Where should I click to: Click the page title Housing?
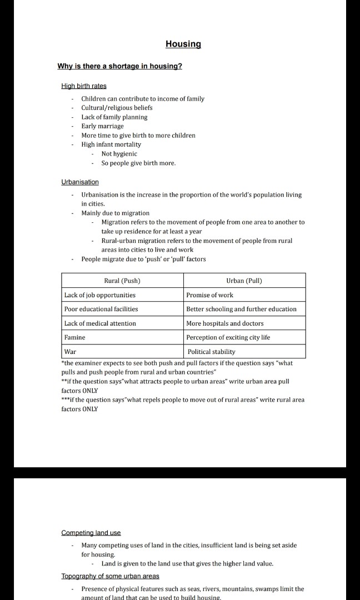click(x=183, y=44)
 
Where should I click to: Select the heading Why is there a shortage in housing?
click(x=119, y=67)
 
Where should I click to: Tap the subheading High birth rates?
click(x=83, y=86)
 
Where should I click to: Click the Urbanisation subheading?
click(x=79, y=182)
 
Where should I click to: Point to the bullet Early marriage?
click(x=102, y=126)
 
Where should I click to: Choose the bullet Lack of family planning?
click(x=114, y=117)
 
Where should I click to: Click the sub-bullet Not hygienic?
click(x=119, y=154)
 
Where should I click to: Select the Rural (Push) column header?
click(x=122, y=281)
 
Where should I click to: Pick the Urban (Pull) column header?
click(x=244, y=281)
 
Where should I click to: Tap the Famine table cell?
click(x=75, y=337)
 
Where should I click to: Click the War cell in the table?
click(x=71, y=352)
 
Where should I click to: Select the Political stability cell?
click(x=211, y=352)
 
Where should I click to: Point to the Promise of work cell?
click(x=209, y=295)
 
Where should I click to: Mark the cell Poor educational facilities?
click(x=101, y=309)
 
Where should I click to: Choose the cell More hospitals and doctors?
click(x=224, y=323)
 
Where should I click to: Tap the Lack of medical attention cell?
click(x=100, y=323)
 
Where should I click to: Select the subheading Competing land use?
click(x=91, y=533)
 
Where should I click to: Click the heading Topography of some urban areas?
click(x=110, y=576)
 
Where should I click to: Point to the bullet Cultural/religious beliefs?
click(x=117, y=108)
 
